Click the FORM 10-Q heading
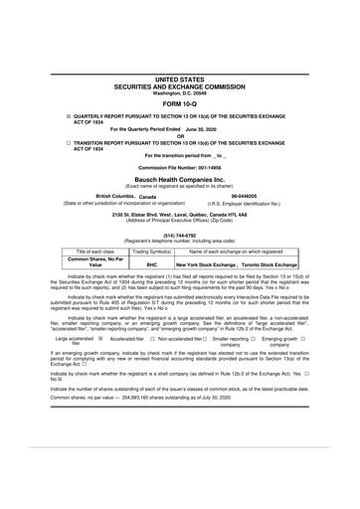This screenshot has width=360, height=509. pyautogui.click(x=180, y=104)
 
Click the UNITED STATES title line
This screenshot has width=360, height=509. pyautogui.click(x=180, y=77)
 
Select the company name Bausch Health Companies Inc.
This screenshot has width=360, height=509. pyautogui.click(x=180, y=176)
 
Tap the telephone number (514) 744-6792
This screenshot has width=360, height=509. pyautogui.click(x=179, y=236)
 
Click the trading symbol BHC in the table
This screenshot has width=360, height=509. pyautogui.click(x=152, y=265)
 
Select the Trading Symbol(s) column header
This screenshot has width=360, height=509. pyautogui.click(x=152, y=253)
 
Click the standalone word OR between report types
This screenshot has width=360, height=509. pyautogui.click(x=180, y=136)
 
